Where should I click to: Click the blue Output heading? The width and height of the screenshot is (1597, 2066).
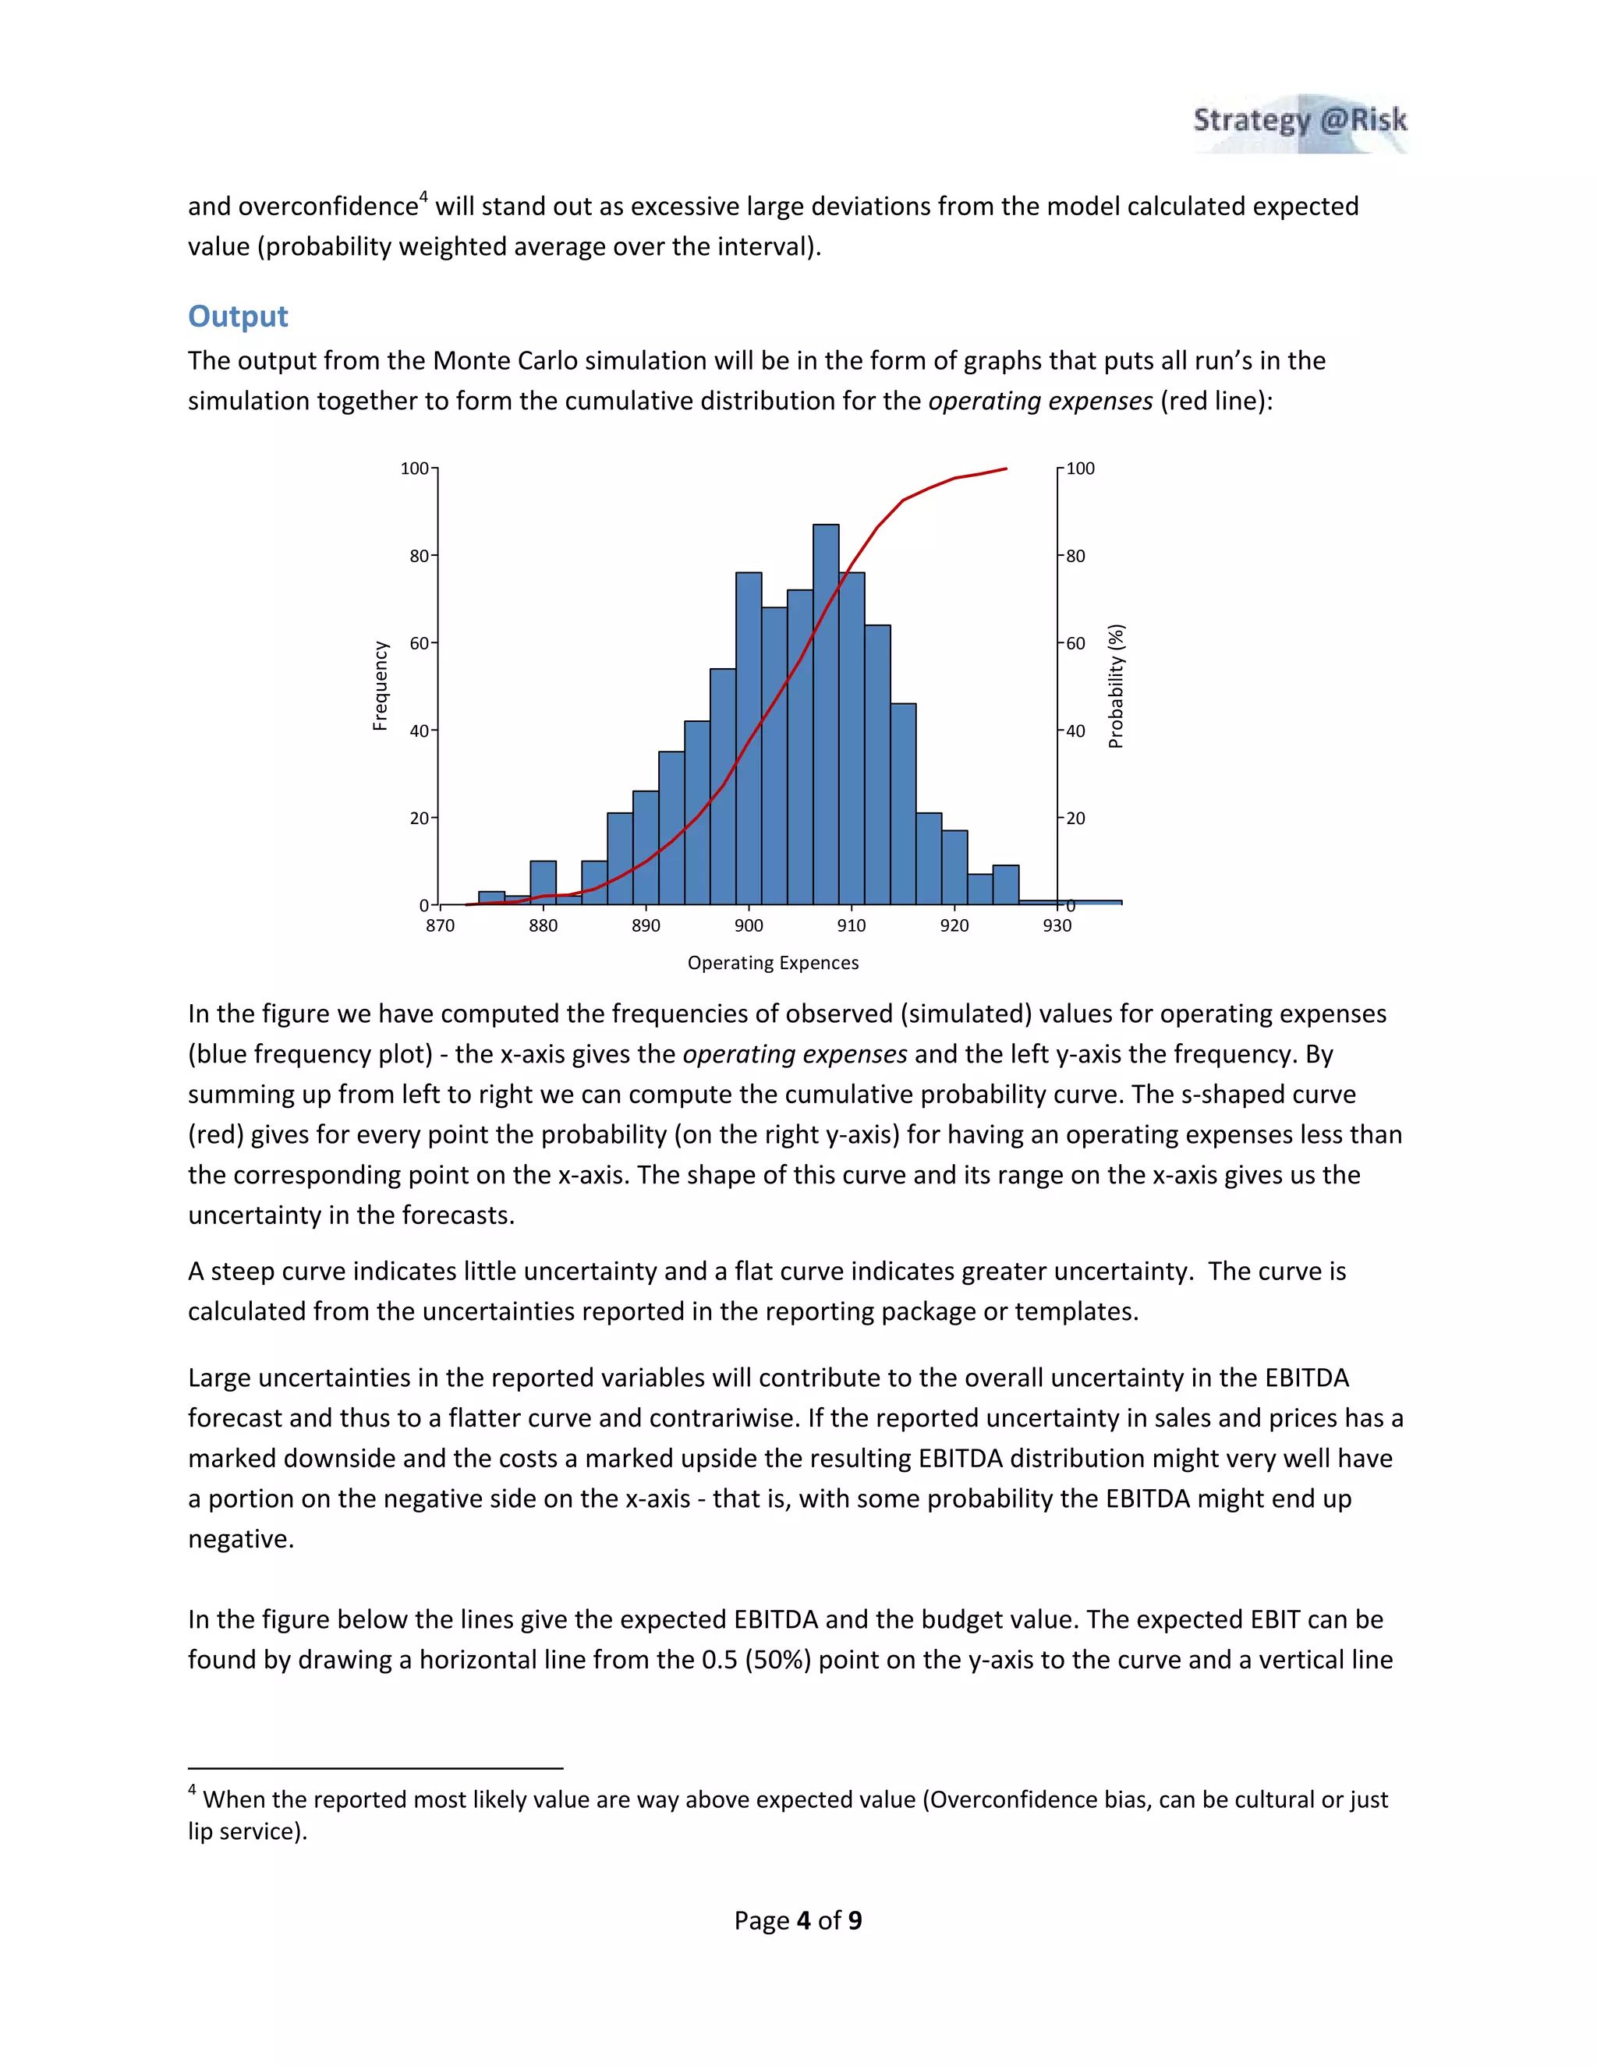tap(238, 316)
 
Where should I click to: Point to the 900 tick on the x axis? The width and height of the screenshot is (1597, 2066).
tap(749, 925)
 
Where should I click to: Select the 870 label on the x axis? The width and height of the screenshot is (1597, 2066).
tap(440, 925)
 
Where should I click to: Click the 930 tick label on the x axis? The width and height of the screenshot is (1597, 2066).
tap(1057, 925)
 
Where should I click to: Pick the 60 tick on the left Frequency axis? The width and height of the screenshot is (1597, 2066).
tap(419, 643)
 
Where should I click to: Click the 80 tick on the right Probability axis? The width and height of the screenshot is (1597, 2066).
tap(1075, 556)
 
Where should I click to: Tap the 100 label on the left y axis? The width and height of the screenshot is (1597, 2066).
tap(414, 469)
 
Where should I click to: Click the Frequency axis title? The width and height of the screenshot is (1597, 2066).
tap(381, 686)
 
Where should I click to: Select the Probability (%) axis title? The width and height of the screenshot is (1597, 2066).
tap(1117, 686)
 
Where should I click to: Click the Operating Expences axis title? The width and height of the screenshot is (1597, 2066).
tap(773, 963)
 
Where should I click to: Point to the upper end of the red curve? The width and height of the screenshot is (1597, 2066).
tap(1004, 469)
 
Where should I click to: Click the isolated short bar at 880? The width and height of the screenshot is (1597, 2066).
tap(543, 882)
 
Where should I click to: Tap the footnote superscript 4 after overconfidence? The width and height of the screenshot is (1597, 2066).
tap(424, 196)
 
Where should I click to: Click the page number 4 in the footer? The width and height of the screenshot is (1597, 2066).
tap(804, 1920)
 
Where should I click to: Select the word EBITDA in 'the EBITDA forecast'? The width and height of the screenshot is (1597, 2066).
tap(1305, 1378)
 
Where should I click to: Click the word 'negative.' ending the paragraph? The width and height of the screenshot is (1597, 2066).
tap(240, 1539)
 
